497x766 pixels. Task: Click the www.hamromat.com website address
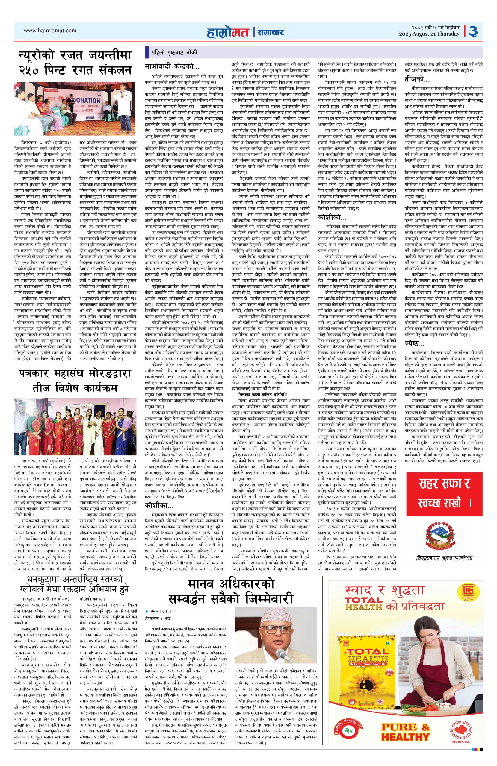point(50,31)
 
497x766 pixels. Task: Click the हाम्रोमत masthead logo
point(229,32)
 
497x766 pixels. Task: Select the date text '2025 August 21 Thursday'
point(429,34)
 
